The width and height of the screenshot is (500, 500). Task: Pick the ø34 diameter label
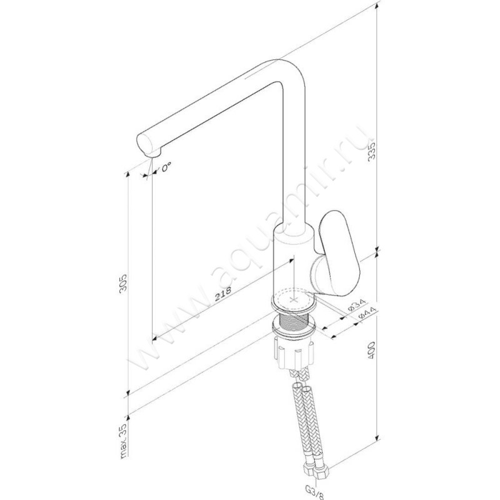click(x=353, y=307)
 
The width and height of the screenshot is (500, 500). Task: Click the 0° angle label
click(x=166, y=167)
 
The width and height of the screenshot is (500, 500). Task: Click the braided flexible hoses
click(x=304, y=419)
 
